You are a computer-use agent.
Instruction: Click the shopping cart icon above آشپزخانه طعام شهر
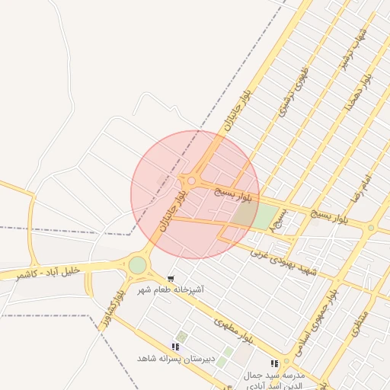tap(170, 279)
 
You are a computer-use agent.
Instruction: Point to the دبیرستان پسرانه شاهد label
tap(177, 358)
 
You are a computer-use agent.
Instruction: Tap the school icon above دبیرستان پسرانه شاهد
tap(176, 347)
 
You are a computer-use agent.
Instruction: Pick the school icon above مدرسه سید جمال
tap(274, 364)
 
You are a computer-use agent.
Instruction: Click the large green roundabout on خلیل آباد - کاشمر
tap(137, 265)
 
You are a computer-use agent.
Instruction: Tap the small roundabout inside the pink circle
tap(192, 181)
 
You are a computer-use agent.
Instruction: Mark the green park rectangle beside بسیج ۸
tap(264, 217)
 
